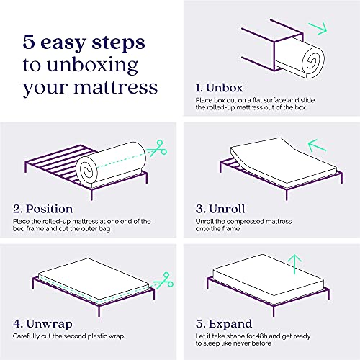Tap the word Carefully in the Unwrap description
[x=27, y=336]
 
